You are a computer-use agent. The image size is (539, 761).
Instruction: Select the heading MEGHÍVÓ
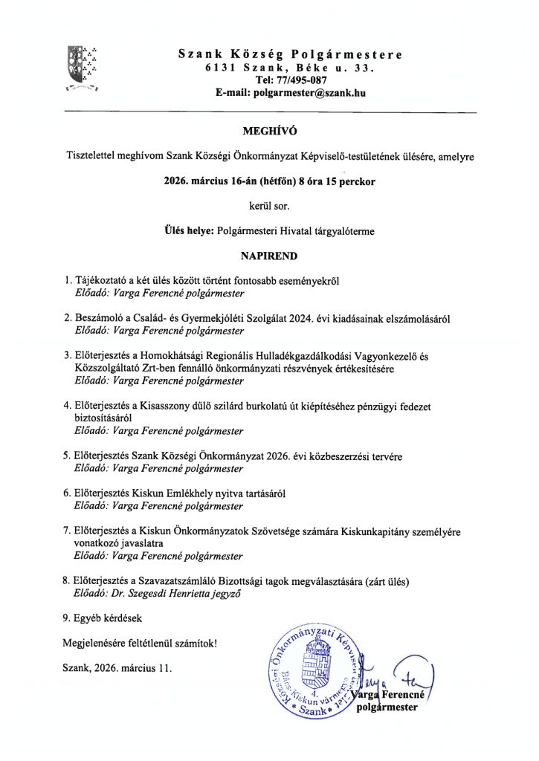point(269,132)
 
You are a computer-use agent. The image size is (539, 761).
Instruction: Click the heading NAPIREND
point(269,256)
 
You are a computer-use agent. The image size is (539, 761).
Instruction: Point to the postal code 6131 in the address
point(221,68)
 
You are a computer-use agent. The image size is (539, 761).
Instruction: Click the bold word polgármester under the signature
point(388,708)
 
